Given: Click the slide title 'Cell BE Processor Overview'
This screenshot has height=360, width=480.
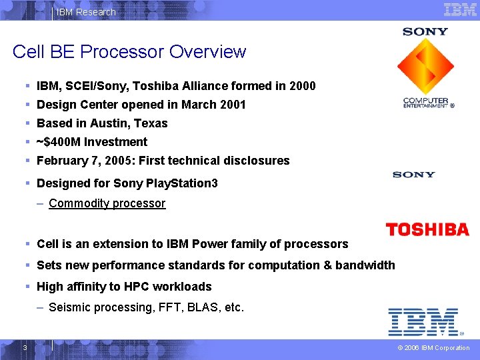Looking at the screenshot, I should [129, 52].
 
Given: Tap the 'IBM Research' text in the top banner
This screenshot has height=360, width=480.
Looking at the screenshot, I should [86, 12].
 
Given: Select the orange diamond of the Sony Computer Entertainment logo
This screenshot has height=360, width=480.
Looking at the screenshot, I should [425, 66].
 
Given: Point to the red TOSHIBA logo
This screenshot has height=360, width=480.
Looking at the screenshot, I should [427, 230].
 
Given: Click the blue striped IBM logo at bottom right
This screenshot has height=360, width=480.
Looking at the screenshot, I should [424, 321].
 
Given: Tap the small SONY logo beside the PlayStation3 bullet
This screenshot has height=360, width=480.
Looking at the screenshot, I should [413, 175].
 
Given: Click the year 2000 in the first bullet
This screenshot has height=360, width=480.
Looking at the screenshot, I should [303, 86].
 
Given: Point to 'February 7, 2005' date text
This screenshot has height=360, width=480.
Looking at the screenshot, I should [79, 161].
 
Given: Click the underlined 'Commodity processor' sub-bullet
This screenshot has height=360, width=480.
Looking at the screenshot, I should [107, 203].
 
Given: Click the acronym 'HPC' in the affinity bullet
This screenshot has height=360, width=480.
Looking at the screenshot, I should [133, 287].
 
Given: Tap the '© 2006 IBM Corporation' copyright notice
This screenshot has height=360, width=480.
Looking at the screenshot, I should [433, 348].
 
